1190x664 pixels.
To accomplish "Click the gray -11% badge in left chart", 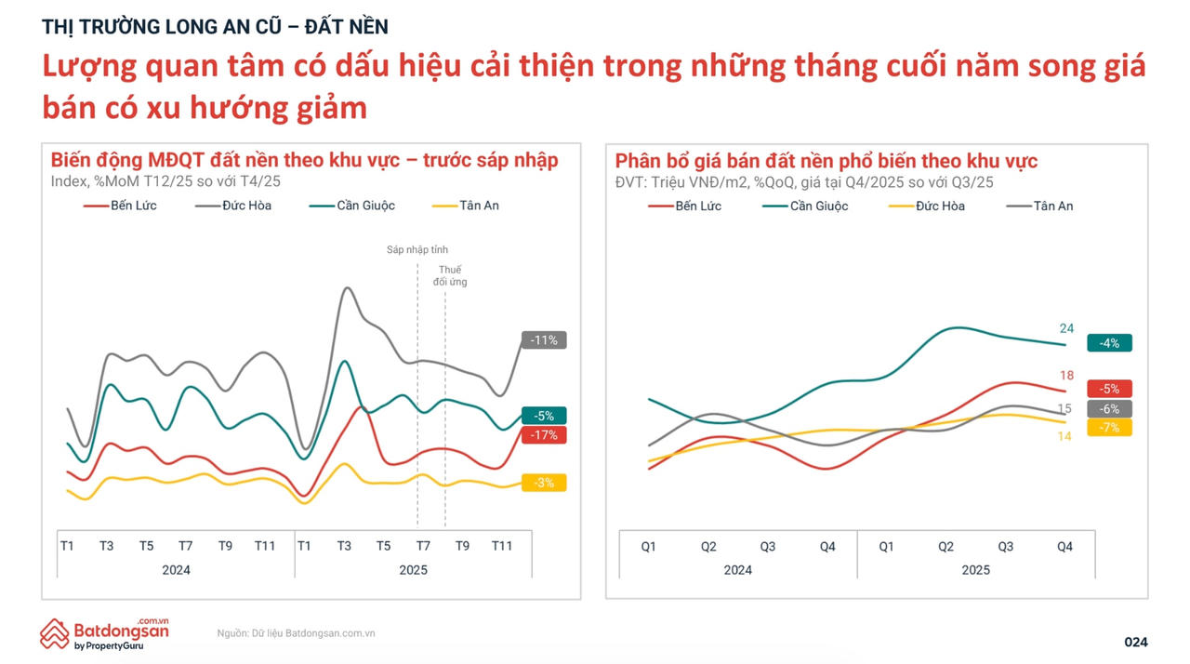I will (544, 340).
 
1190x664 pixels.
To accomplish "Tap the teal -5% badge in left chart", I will (544, 416).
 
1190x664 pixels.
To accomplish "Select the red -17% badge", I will (544, 434).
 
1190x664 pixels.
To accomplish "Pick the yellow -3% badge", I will (544, 483).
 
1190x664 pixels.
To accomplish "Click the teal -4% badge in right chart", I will (1109, 343).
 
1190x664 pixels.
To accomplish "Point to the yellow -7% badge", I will (1109, 428).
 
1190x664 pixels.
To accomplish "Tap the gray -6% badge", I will (1109, 409).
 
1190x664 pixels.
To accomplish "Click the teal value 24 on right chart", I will (1066, 328).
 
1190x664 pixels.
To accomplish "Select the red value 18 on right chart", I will (1066, 376).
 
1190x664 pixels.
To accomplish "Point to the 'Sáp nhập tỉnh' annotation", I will (417, 250).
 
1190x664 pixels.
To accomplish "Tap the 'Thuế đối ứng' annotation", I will (450, 275).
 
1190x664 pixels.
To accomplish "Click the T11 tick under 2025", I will (502, 546).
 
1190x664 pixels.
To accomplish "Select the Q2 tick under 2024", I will (708, 547).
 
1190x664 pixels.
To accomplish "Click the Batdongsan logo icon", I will (55, 633).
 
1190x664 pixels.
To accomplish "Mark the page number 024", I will (1136, 642).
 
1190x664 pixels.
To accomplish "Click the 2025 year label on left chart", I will (413, 570).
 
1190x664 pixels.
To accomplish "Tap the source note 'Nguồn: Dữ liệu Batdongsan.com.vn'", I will (296, 633).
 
